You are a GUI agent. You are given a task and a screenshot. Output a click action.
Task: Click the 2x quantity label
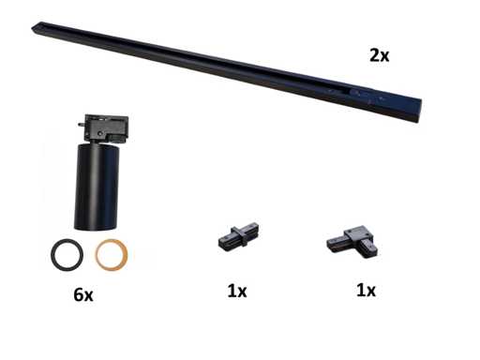pos(380,55)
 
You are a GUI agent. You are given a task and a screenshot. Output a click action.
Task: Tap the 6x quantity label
pos(83,294)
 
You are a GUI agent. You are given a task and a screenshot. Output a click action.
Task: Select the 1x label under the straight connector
pos(237,292)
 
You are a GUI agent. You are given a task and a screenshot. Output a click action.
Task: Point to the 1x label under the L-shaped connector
pos(366,291)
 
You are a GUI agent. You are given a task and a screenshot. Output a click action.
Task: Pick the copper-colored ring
pos(97,255)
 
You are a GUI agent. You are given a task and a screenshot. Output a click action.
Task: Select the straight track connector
pos(238,235)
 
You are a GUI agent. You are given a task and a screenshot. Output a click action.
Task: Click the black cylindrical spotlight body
pos(97,186)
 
